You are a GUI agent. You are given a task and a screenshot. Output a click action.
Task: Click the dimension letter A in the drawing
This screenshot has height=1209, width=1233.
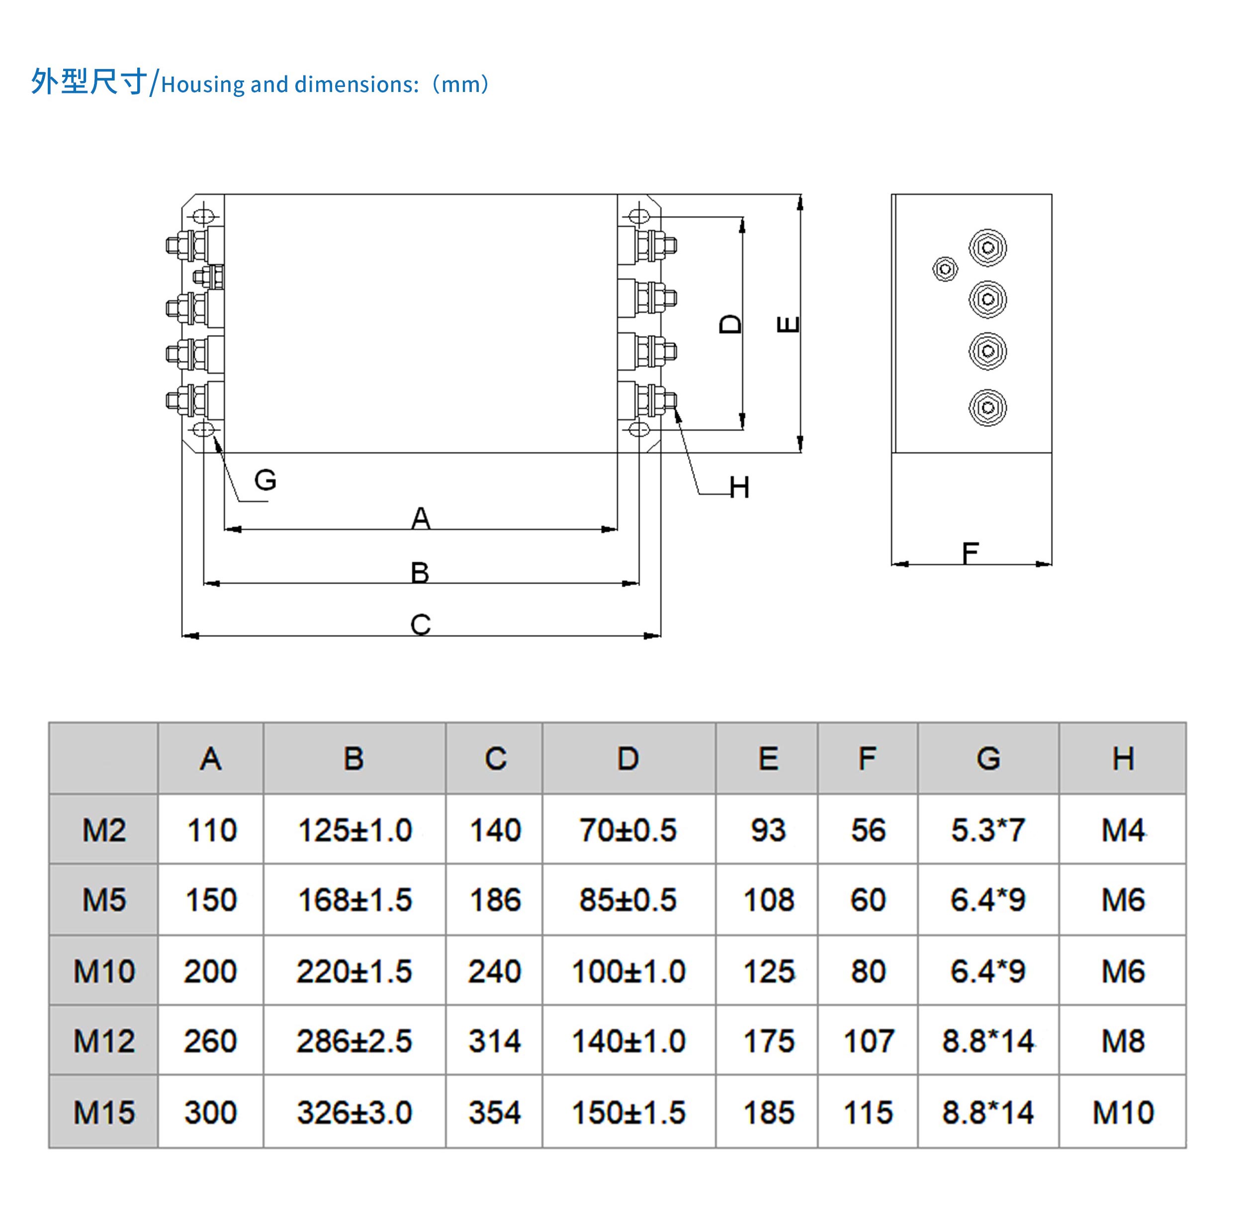tap(420, 518)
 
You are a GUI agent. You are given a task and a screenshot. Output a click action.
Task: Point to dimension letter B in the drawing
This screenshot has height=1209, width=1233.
tap(420, 572)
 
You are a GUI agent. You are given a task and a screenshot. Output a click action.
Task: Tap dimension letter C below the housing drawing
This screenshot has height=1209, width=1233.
tap(420, 624)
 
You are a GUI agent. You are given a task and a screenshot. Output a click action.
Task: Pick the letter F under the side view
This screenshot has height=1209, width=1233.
tap(970, 552)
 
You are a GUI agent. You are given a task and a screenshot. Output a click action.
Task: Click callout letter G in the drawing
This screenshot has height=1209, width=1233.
tap(265, 479)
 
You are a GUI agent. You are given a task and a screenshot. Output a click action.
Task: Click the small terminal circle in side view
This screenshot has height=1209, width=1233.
tap(945, 268)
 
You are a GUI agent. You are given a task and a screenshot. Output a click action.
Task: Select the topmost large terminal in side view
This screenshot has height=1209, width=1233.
tap(987, 247)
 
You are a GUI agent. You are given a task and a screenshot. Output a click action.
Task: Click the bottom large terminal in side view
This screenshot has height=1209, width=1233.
tap(987, 407)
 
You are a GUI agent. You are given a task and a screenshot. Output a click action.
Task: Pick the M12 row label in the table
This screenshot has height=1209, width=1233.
tap(104, 1041)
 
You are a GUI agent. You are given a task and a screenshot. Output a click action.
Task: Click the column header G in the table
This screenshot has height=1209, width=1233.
tap(988, 758)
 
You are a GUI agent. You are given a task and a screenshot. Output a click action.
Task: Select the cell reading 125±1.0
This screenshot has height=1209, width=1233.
tap(355, 830)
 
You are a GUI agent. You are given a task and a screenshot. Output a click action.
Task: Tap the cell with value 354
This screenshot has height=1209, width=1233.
tap(495, 1112)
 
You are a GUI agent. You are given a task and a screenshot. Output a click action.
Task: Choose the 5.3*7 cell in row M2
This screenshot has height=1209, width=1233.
tap(988, 830)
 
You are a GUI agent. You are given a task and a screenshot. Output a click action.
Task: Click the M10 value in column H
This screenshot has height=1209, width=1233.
tap(1123, 1112)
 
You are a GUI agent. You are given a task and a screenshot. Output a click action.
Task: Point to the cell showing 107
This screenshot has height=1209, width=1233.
tap(868, 1041)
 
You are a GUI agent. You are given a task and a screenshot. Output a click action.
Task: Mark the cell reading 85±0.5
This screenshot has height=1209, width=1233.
tap(628, 900)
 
